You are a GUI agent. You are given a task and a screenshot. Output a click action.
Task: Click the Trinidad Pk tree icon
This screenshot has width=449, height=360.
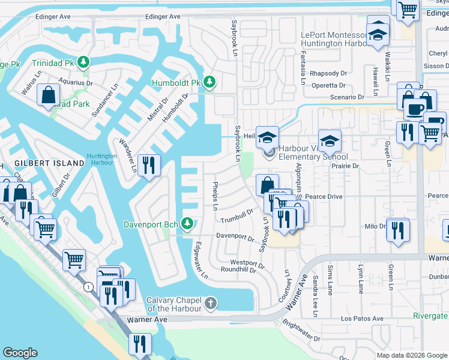click(84, 62)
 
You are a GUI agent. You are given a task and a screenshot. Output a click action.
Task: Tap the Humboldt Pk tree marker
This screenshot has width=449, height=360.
click(209, 82)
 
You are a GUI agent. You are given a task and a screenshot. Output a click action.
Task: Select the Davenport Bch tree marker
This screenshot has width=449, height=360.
click(187, 224)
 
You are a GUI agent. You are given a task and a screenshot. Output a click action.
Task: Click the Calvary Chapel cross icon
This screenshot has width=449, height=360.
click(209, 303)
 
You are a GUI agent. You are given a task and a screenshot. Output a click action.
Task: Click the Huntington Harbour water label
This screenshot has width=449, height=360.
click(101, 159)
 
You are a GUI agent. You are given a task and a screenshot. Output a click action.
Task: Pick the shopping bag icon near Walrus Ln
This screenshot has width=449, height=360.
click(48, 95)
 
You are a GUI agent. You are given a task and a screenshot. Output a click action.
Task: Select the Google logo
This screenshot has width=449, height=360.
click(20, 353)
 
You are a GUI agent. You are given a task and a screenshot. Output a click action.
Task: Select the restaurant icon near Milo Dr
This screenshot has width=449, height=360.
click(397, 230)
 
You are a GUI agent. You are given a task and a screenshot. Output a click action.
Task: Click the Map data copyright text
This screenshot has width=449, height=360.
click(411, 355)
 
